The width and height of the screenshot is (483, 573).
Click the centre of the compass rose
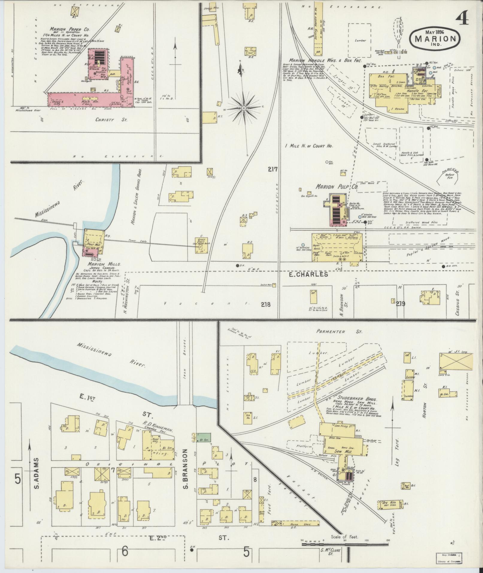(244, 108)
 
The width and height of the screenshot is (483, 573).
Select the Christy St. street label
(111, 120)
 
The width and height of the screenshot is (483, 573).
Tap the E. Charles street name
(313, 274)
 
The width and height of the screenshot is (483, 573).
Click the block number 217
(273, 170)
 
